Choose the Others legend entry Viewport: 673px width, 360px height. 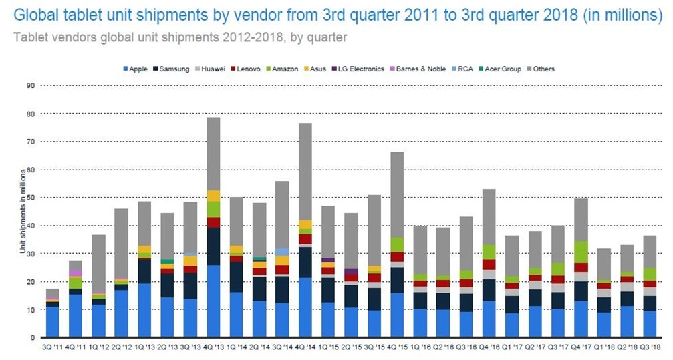tap(540, 69)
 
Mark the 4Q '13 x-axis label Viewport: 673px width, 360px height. tap(213, 347)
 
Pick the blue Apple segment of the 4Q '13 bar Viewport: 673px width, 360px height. tap(213, 301)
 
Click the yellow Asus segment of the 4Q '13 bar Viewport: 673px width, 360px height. tap(213, 196)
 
